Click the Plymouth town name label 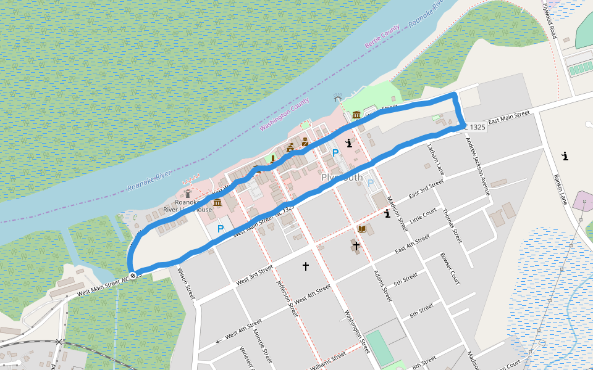point(342,178)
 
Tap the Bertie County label point(382,38)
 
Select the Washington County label point(284,114)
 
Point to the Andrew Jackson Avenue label point(477,166)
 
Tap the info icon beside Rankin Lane point(565,156)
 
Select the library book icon point(363,229)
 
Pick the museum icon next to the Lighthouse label point(217,202)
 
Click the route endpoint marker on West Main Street point(132,275)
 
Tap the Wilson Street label point(186,283)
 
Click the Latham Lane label point(435,158)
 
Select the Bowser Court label point(450,269)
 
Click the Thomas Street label point(452,225)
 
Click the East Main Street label point(509,117)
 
